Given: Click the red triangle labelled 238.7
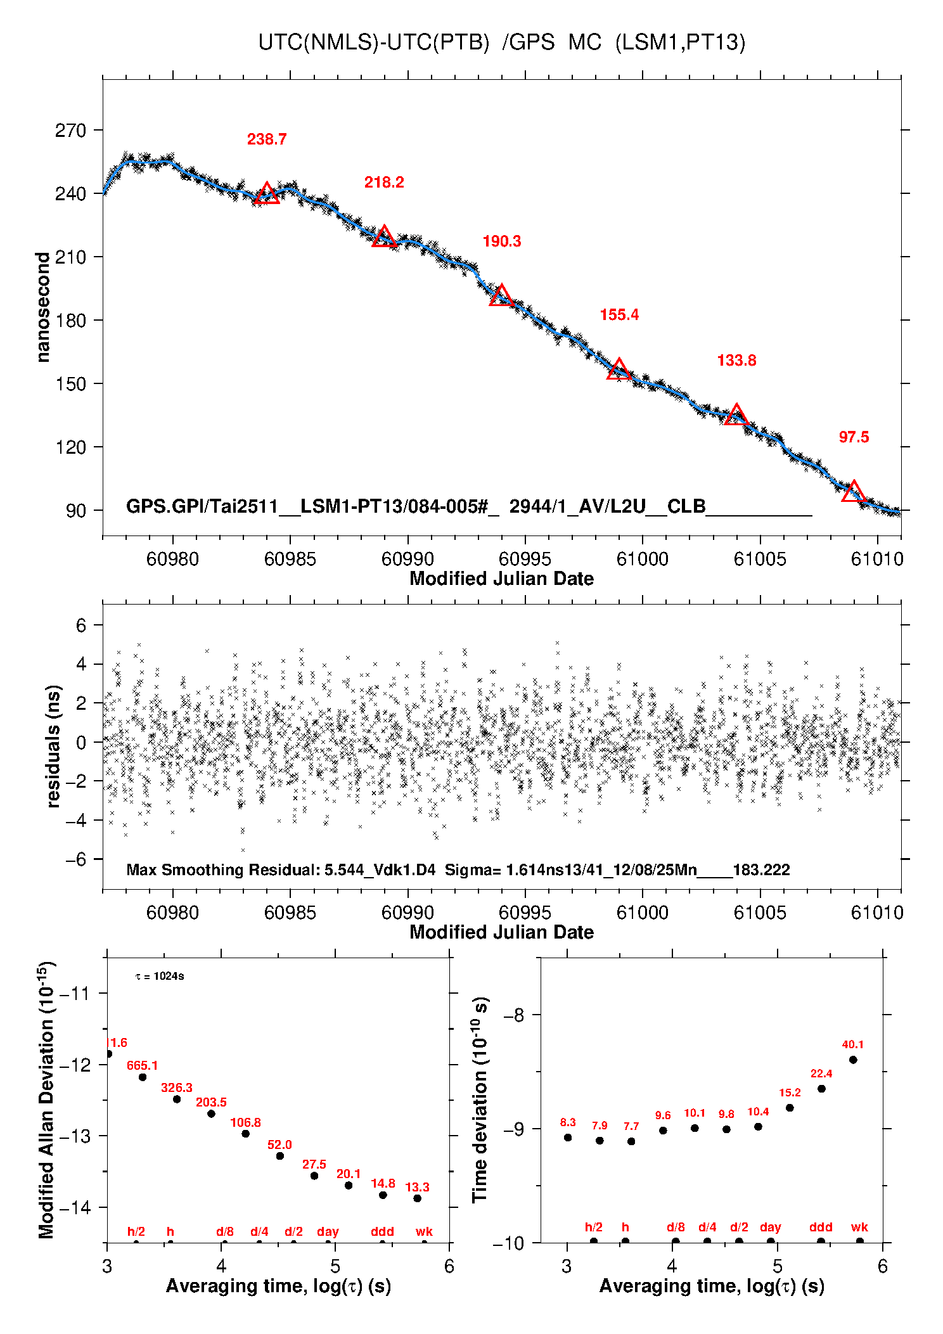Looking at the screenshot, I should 267,193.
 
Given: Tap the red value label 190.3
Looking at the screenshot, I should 501,241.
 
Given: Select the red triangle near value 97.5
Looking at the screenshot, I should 854,492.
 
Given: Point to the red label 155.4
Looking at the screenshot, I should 619,315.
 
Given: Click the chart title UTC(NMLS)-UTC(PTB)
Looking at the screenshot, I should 374,42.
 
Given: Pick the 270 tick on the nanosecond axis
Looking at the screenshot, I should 70,131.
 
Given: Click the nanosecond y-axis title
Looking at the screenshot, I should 42,307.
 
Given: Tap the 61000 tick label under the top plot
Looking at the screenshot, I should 643,559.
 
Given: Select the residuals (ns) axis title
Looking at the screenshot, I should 54,746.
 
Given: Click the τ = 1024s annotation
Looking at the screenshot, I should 160,977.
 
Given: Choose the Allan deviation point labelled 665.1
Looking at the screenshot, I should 143,1077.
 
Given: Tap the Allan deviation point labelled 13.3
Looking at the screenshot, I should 417,1198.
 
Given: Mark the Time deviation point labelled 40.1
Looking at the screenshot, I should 853,1060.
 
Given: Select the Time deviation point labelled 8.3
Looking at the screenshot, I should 568,1138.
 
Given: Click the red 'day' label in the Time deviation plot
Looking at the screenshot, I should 770,1228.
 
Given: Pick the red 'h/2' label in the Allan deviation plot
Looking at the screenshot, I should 136,1232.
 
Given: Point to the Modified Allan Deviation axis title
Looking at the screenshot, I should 46,1100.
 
